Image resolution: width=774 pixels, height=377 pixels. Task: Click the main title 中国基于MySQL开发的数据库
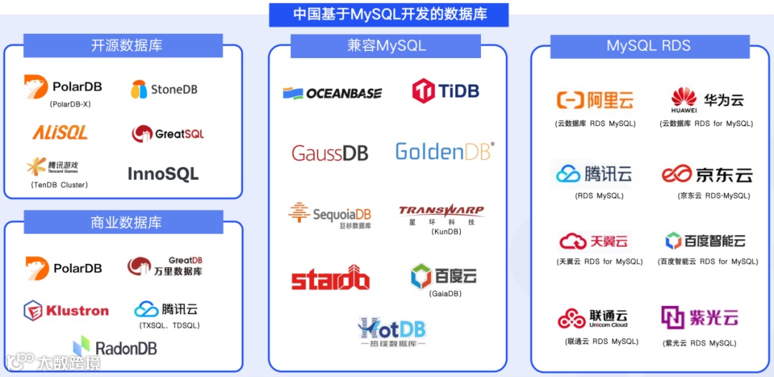click(388, 14)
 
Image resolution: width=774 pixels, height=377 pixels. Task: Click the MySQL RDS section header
click(649, 46)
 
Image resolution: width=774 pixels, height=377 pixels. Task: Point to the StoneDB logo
click(163, 90)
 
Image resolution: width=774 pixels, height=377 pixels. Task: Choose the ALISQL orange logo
click(60, 133)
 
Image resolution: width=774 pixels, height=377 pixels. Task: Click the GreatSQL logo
click(168, 134)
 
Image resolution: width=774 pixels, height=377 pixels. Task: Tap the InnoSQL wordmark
click(163, 173)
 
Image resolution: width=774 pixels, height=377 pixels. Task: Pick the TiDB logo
click(445, 91)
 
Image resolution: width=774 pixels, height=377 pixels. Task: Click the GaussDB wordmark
click(330, 153)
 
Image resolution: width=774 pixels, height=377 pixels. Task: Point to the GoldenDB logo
click(444, 151)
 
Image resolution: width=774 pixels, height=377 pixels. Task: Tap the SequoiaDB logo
click(330, 214)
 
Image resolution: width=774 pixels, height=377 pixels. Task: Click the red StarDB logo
click(330, 278)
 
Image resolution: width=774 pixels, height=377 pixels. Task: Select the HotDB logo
click(391, 331)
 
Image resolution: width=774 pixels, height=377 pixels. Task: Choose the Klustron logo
click(66, 311)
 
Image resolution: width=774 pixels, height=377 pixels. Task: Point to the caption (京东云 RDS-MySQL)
click(714, 196)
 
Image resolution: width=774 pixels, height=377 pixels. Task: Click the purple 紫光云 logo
click(699, 317)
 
